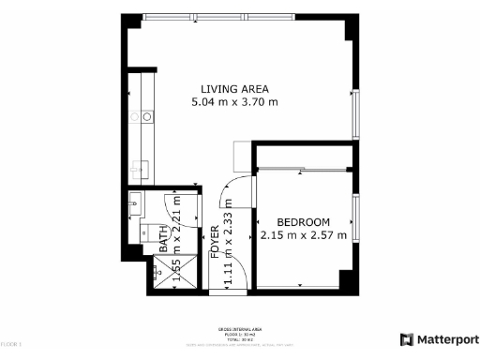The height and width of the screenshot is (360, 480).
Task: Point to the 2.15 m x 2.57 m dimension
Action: pyautogui.click(x=304, y=234)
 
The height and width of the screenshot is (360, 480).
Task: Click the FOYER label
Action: pyautogui.click(x=215, y=242)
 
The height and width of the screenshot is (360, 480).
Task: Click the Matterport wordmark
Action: pyautogui.click(x=445, y=339)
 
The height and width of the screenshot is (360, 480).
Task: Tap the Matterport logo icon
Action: pyautogui.click(x=407, y=339)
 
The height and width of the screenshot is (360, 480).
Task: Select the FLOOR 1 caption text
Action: pyautogui.click(x=11, y=346)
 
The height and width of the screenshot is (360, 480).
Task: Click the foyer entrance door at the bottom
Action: pyautogui.click(x=234, y=271)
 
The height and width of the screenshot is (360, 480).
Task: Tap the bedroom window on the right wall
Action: pyautogui.click(x=355, y=218)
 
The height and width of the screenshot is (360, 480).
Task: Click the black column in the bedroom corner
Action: pyautogui.click(x=344, y=279)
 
